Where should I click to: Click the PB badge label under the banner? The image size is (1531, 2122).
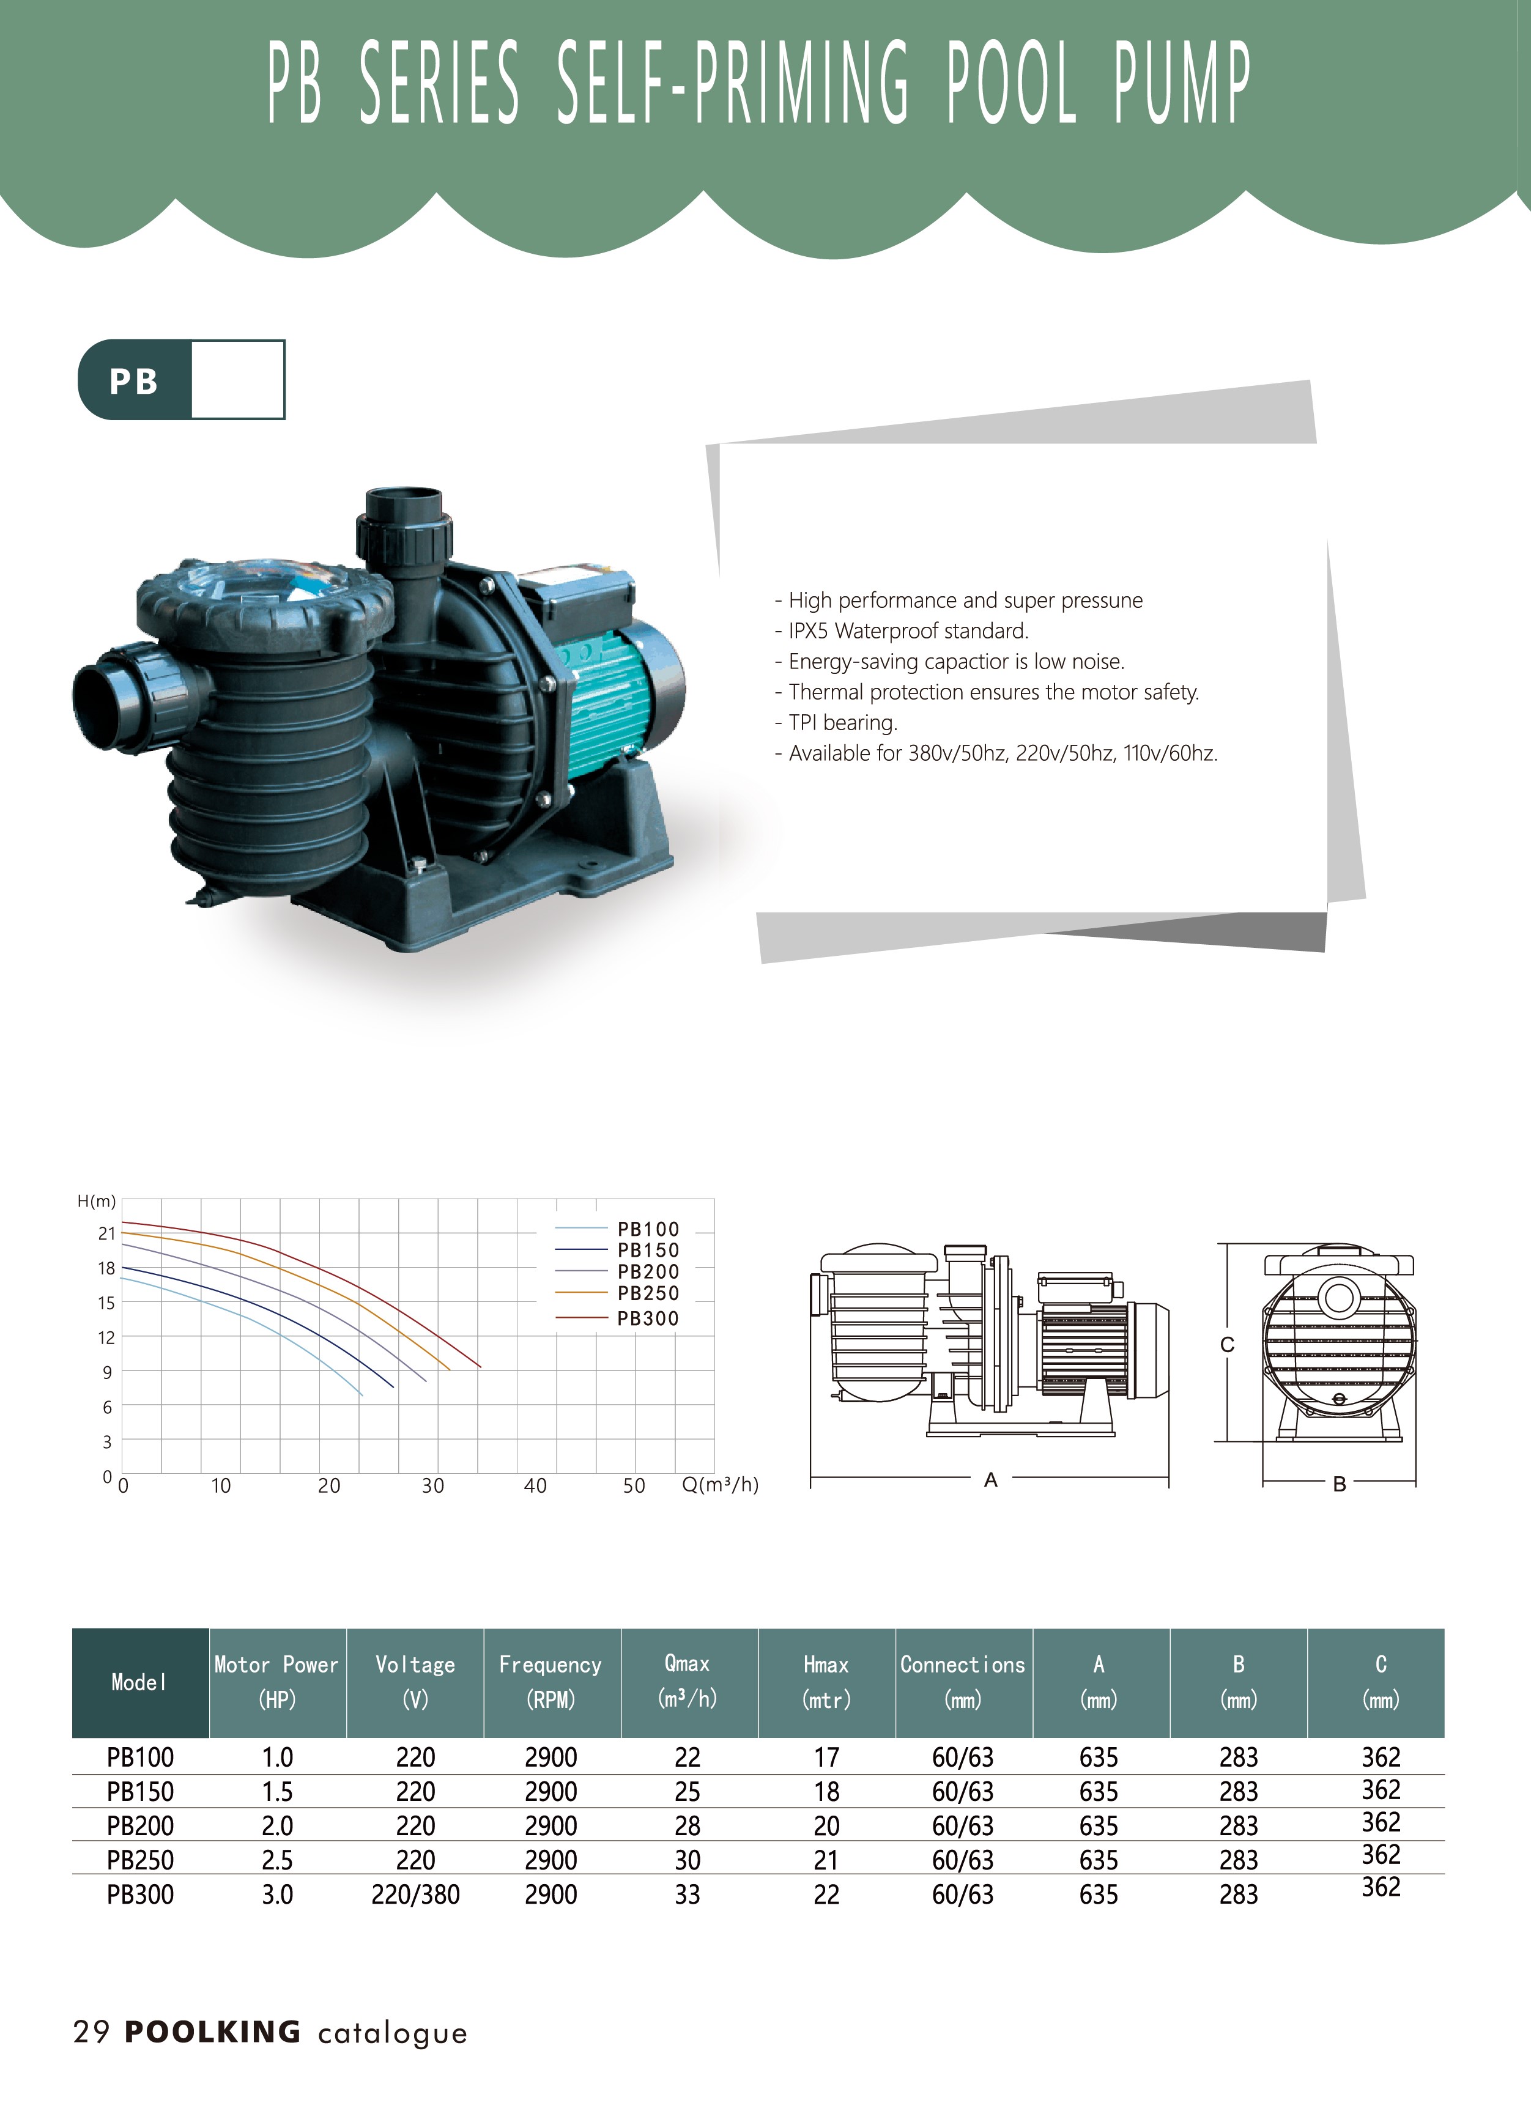tap(134, 381)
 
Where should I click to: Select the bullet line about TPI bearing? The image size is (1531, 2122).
tap(836, 722)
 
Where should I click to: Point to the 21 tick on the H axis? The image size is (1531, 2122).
tap(106, 1233)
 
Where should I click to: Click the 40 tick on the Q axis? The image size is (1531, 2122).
tap(535, 1486)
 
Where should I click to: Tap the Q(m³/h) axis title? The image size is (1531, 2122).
tap(720, 1485)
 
